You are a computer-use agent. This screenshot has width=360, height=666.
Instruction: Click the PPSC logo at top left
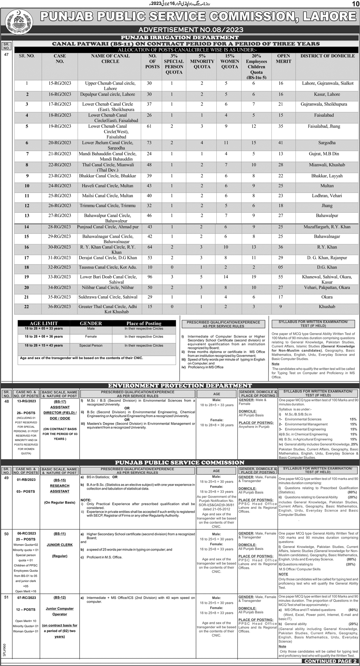(18, 20)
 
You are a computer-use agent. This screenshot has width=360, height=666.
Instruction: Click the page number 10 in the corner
(354, 4)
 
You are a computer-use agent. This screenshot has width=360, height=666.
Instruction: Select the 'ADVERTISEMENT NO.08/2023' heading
(191, 30)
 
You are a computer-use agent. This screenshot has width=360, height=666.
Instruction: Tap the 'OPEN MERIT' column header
(283, 59)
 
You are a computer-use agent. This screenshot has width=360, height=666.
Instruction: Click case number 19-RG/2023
(60, 126)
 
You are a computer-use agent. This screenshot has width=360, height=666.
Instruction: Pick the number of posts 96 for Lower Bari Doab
(149, 277)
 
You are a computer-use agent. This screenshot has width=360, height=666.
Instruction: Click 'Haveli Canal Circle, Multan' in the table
(107, 186)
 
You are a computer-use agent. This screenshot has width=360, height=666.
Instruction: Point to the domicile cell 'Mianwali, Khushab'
(327, 165)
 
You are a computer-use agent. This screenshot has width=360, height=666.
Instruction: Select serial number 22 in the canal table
(26, 307)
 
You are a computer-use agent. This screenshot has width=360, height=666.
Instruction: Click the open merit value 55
(280, 277)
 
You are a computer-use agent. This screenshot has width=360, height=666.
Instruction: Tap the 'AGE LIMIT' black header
(44, 323)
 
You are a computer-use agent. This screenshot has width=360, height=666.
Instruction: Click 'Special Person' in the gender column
(91, 345)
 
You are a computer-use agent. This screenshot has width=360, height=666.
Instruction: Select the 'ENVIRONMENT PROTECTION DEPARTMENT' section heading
(180, 386)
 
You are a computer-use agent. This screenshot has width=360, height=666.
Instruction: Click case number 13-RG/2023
(26, 401)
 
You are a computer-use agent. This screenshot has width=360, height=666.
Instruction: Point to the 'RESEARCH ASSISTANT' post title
(60, 489)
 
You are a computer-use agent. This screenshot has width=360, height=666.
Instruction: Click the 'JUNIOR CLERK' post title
(60, 545)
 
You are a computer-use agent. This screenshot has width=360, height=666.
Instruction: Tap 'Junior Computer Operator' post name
(60, 611)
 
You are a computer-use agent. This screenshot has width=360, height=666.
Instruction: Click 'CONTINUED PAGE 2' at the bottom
(330, 661)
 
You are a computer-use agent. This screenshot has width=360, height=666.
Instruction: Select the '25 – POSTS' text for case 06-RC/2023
(26, 539)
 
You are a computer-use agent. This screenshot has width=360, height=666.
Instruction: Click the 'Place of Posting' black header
(144, 323)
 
